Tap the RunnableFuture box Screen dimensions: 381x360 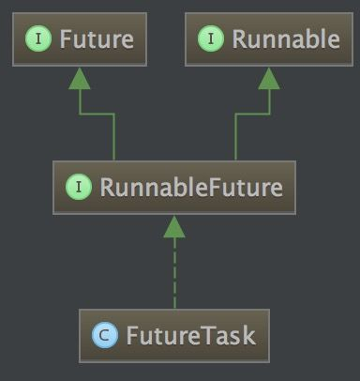click(174, 187)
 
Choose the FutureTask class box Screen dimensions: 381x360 click(174, 334)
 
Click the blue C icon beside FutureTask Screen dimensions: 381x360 click(104, 335)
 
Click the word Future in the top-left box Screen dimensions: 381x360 click(96, 39)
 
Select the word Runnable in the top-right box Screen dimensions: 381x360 click(273, 39)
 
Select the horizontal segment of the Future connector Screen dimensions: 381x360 click(97, 114)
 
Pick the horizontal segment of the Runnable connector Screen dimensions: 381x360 click(251, 114)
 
